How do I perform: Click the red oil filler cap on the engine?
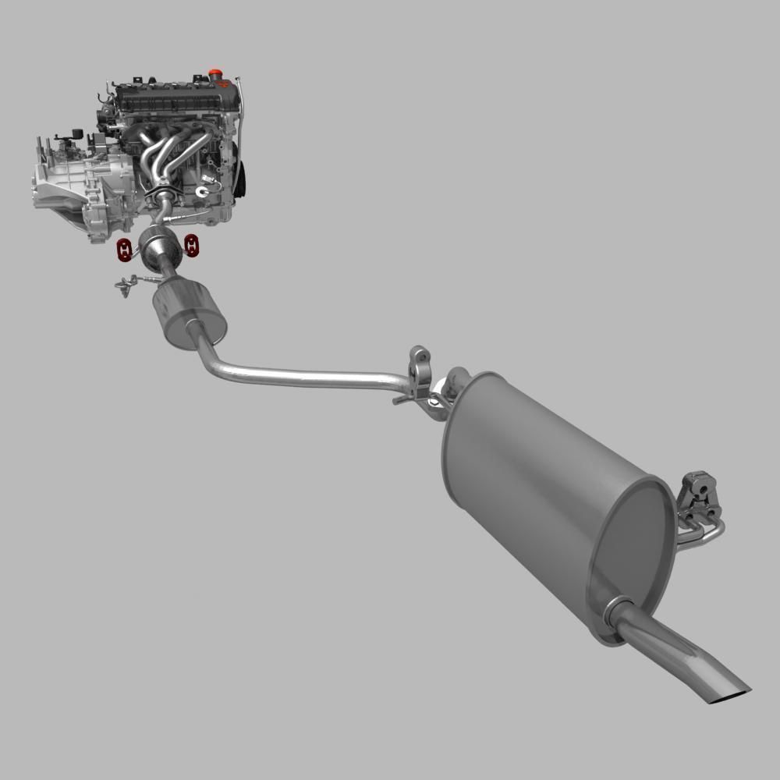(x=217, y=75)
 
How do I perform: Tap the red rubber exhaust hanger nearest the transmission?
(x=123, y=250)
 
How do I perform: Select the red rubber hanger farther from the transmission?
(x=192, y=246)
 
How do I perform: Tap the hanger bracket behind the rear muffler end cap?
(x=699, y=491)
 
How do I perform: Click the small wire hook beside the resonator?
(x=126, y=287)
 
